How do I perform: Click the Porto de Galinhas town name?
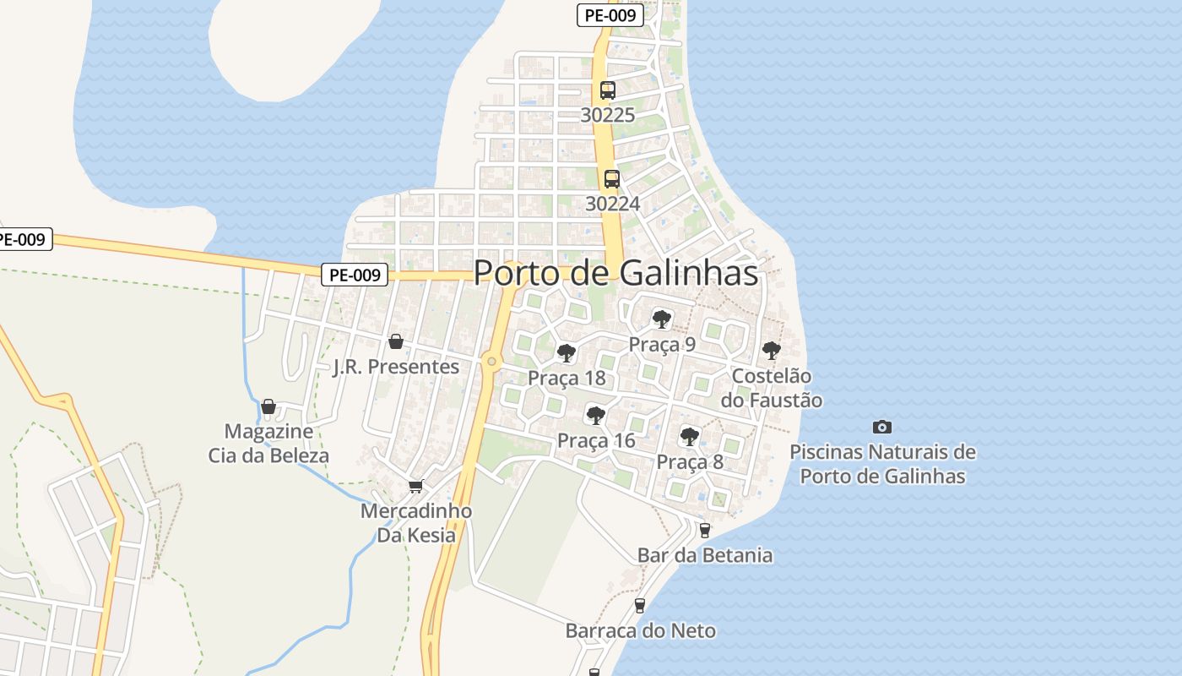tap(615, 273)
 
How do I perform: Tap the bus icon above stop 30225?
tap(607, 90)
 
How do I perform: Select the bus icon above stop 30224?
tap(612, 179)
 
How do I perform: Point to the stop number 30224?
tap(612, 204)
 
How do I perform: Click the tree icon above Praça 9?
tap(662, 319)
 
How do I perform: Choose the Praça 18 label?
tap(567, 378)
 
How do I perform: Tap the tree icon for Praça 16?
tap(596, 415)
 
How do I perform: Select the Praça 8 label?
tap(690, 462)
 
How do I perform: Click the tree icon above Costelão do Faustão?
tap(771, 350)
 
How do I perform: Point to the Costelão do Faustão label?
tap(771, 388)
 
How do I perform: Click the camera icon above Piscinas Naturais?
tap(882, 427)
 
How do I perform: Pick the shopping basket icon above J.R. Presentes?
tap(395, 341)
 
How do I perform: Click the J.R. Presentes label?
tap(396, 367)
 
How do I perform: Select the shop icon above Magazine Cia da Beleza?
tap(268, 407)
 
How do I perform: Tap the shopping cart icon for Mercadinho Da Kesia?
tap(415, 486)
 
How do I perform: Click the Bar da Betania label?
tap(705, 555)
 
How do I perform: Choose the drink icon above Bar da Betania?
tap(705, 530)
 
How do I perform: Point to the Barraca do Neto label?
tap(640, 630)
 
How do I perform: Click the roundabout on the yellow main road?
tap(491, 362)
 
